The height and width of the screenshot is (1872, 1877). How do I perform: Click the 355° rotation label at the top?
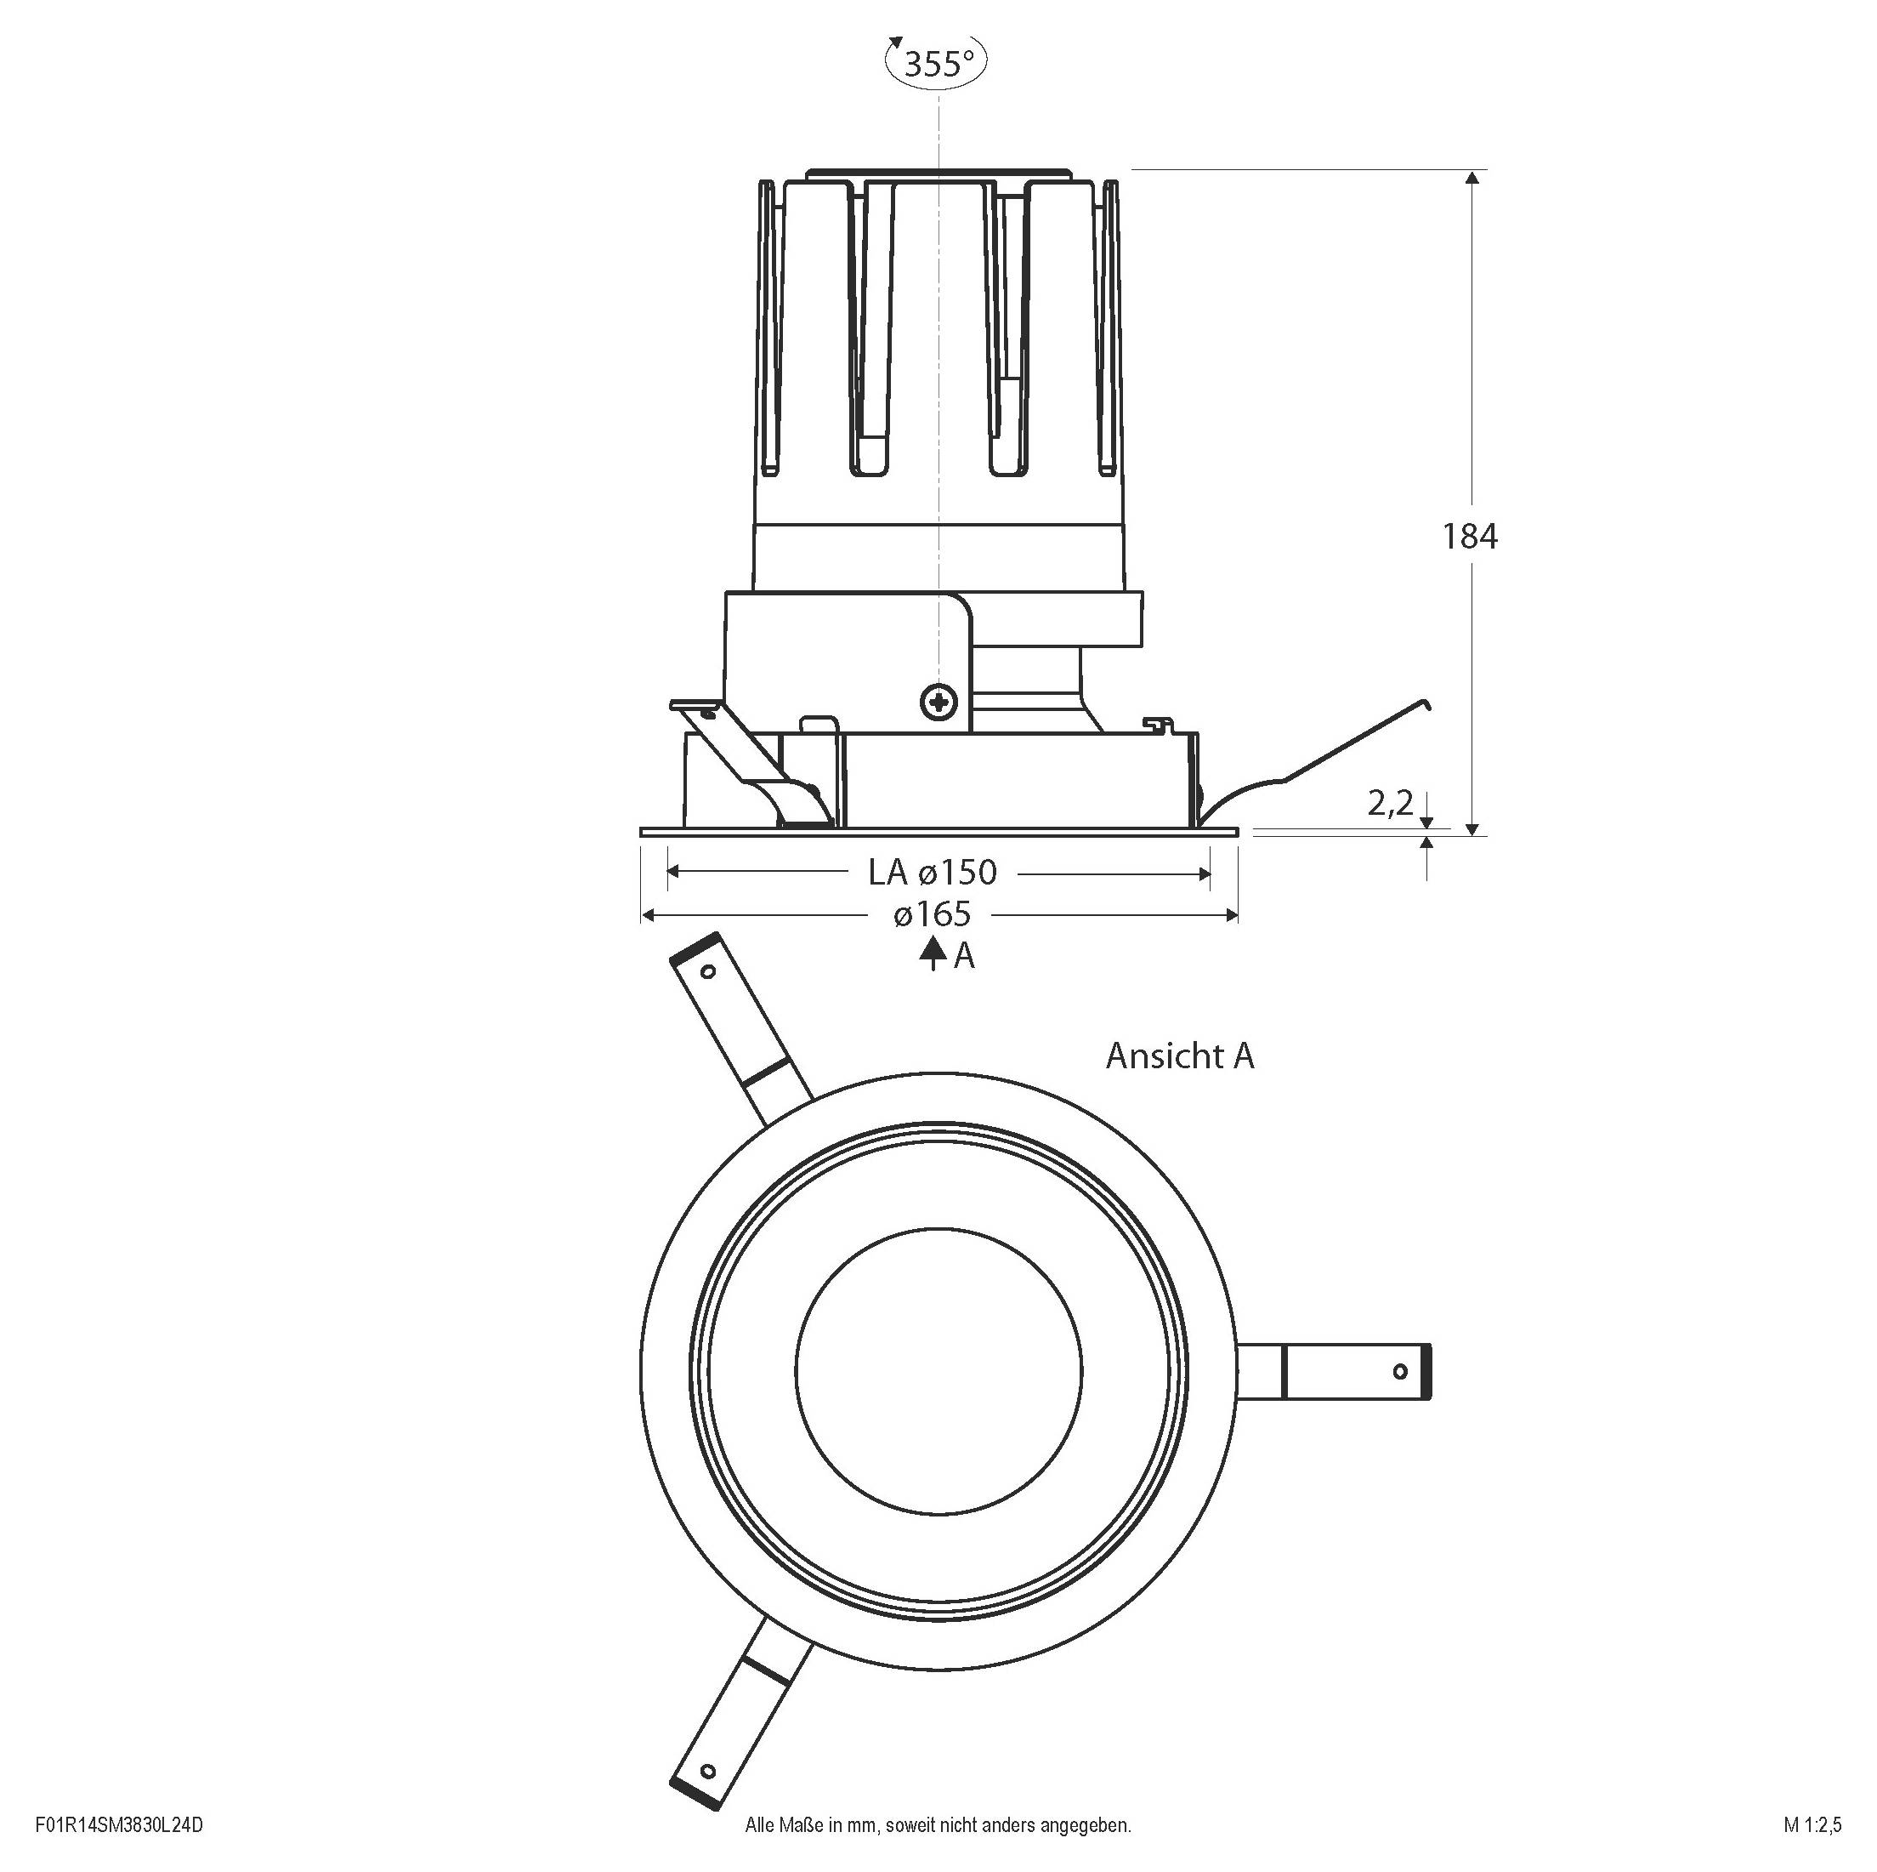coord(938,63)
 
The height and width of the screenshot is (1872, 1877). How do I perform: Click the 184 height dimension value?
coord(1469,537)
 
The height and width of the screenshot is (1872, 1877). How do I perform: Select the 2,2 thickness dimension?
coord(1389,804)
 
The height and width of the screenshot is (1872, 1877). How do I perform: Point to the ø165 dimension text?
coord(933,914)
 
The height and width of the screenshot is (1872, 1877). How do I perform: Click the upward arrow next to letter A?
coord(933,954)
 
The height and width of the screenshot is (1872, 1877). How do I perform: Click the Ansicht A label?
coord(1179,1056)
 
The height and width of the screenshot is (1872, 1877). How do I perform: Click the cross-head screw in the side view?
coord(938,701)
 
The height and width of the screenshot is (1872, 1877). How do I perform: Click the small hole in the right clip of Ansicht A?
coord(1400,1371)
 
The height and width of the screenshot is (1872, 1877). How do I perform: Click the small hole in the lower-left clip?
coord(707,1771)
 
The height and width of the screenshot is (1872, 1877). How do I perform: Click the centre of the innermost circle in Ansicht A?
coord(938,1370)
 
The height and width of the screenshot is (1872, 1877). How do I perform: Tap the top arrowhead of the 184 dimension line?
coord(1473,178)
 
